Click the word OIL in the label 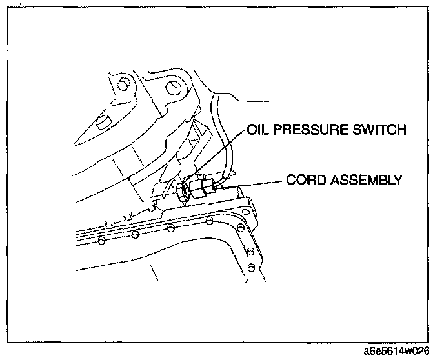[258, 131]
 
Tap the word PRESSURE [310, 131]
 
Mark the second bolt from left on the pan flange [135, 234]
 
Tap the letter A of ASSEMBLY [338, 180]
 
